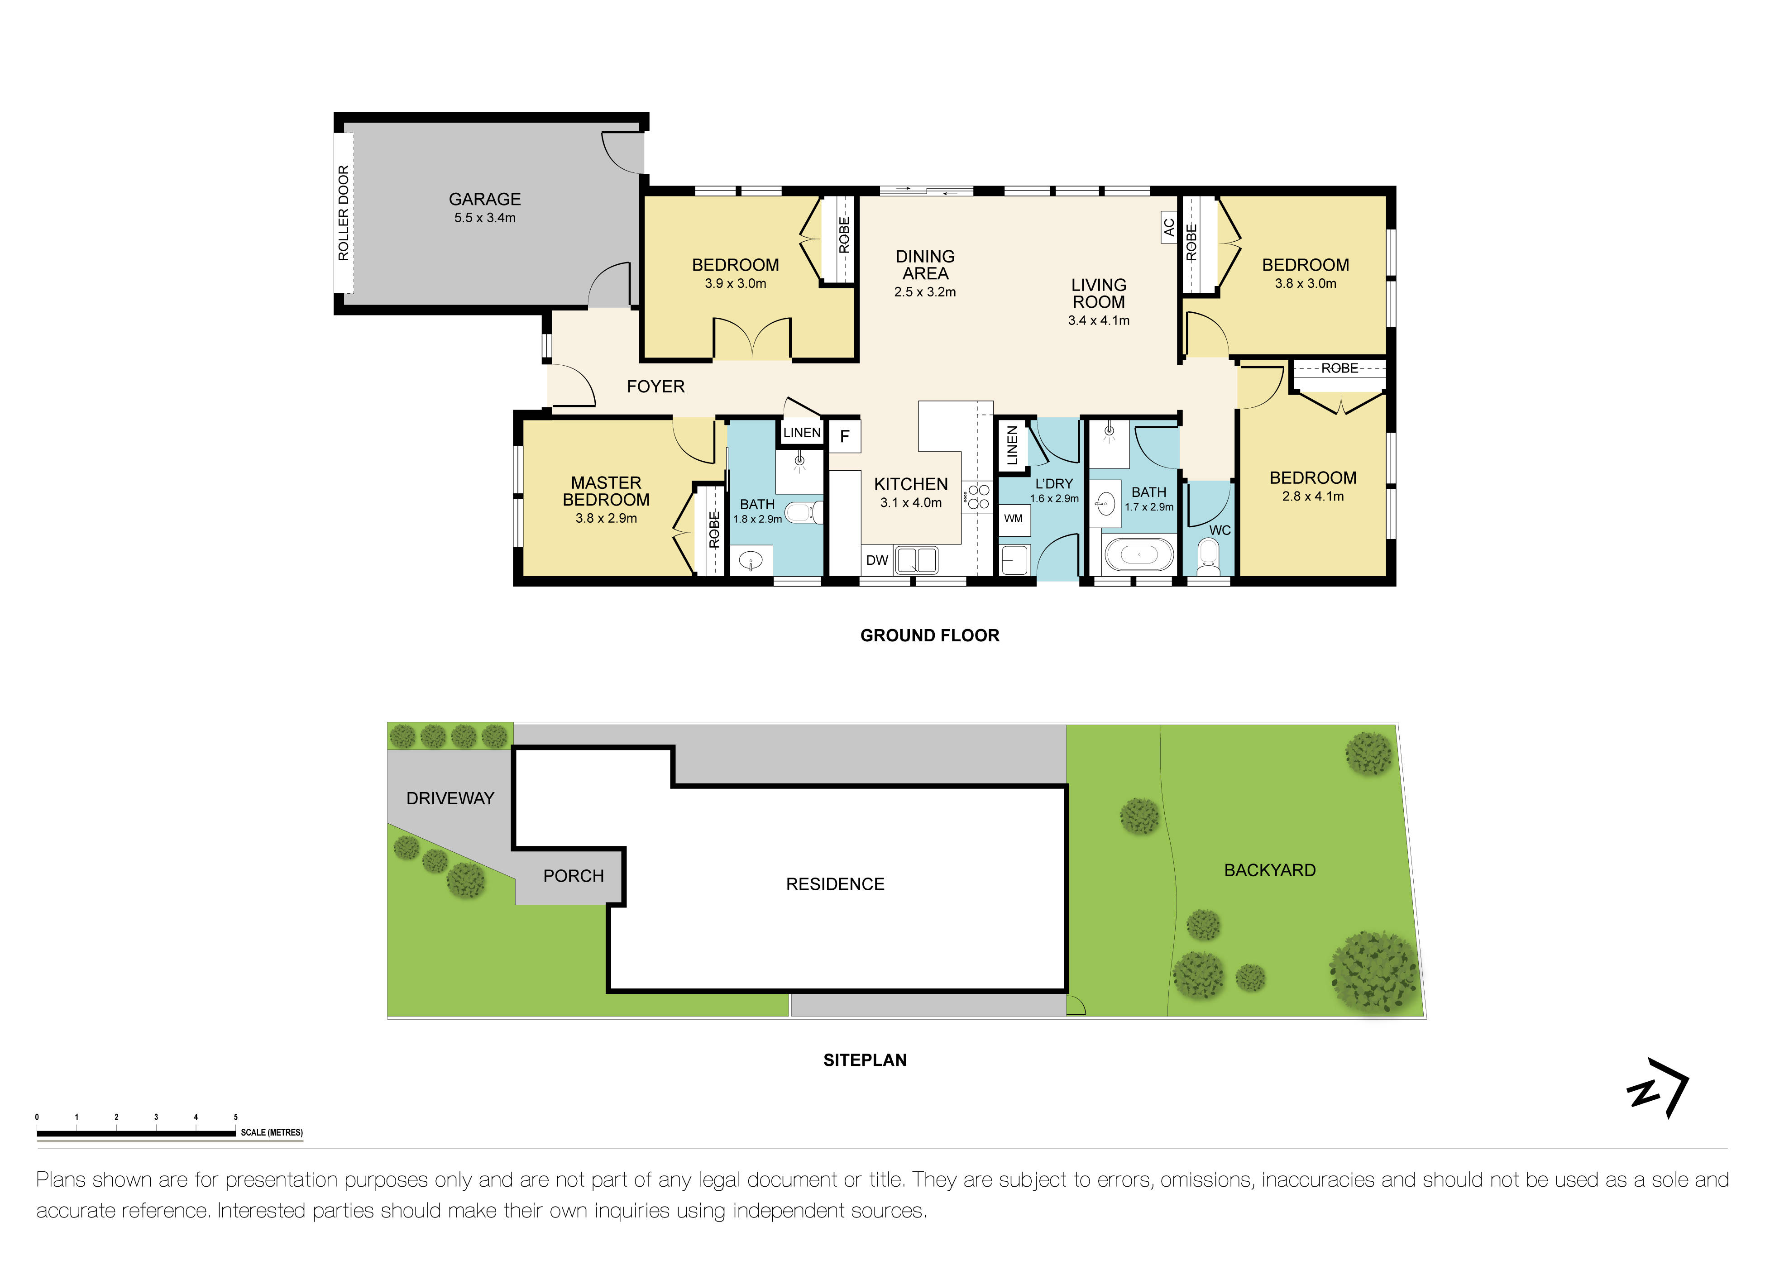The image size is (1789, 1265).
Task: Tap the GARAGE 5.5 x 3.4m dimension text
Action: coord(485,218)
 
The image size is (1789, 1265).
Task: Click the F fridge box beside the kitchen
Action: coord(845,437)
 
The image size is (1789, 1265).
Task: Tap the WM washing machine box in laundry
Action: coord(1013,518)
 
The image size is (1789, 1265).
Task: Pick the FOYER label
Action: coord(655,387)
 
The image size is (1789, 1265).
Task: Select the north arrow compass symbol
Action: coord(1658,1088)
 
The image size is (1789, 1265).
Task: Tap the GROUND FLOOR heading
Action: coord(929,635)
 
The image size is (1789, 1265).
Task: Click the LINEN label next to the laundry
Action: coord(1012,445)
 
